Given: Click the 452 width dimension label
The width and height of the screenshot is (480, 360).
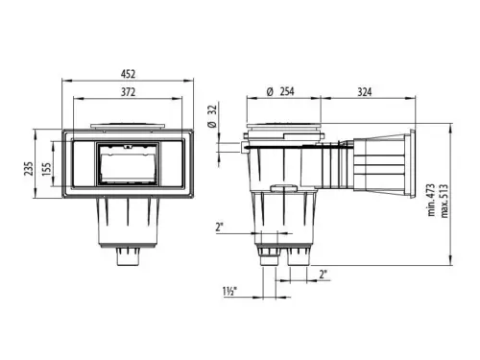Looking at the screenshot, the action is pos(128,74).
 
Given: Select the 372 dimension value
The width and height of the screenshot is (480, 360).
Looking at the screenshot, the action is pos(128,92).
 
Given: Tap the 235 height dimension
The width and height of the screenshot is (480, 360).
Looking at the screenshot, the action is pos(29,168).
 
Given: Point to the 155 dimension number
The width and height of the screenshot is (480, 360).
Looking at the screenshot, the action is pos(46,170).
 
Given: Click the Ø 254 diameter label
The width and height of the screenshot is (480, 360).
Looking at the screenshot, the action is pos(280,91).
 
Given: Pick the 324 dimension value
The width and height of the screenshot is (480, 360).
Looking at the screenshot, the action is pos(365,92).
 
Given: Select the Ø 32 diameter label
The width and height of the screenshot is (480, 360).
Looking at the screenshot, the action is pos(212,116).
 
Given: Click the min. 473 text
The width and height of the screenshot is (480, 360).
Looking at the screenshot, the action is pos(432,200).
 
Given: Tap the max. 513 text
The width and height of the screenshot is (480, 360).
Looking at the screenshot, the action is pos(444,201).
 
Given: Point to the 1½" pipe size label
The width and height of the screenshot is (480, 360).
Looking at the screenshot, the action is pos(229,292).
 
